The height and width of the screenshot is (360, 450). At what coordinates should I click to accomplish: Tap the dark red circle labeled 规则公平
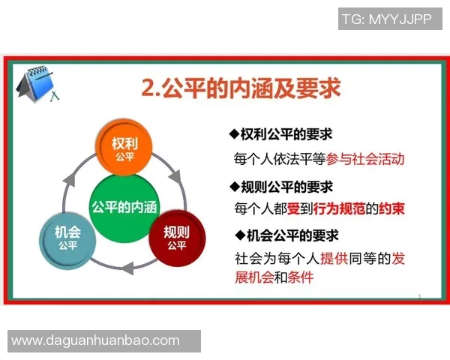[x=176, y=236]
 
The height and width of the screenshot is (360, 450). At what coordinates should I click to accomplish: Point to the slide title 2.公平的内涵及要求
[x=240, y=88]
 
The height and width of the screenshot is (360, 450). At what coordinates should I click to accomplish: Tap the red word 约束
[x=391, y=209]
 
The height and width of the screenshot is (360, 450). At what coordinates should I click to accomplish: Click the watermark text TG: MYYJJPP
[x=385, y=19]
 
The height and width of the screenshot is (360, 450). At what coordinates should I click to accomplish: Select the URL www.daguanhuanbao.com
[x=95, y=340]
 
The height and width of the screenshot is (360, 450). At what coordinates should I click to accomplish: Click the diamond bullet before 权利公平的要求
[x=233, y=134]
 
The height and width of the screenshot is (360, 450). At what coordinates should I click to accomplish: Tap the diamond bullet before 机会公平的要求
[x=240, y=235]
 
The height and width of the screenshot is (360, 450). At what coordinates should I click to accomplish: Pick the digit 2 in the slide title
[x=148, y=89]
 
